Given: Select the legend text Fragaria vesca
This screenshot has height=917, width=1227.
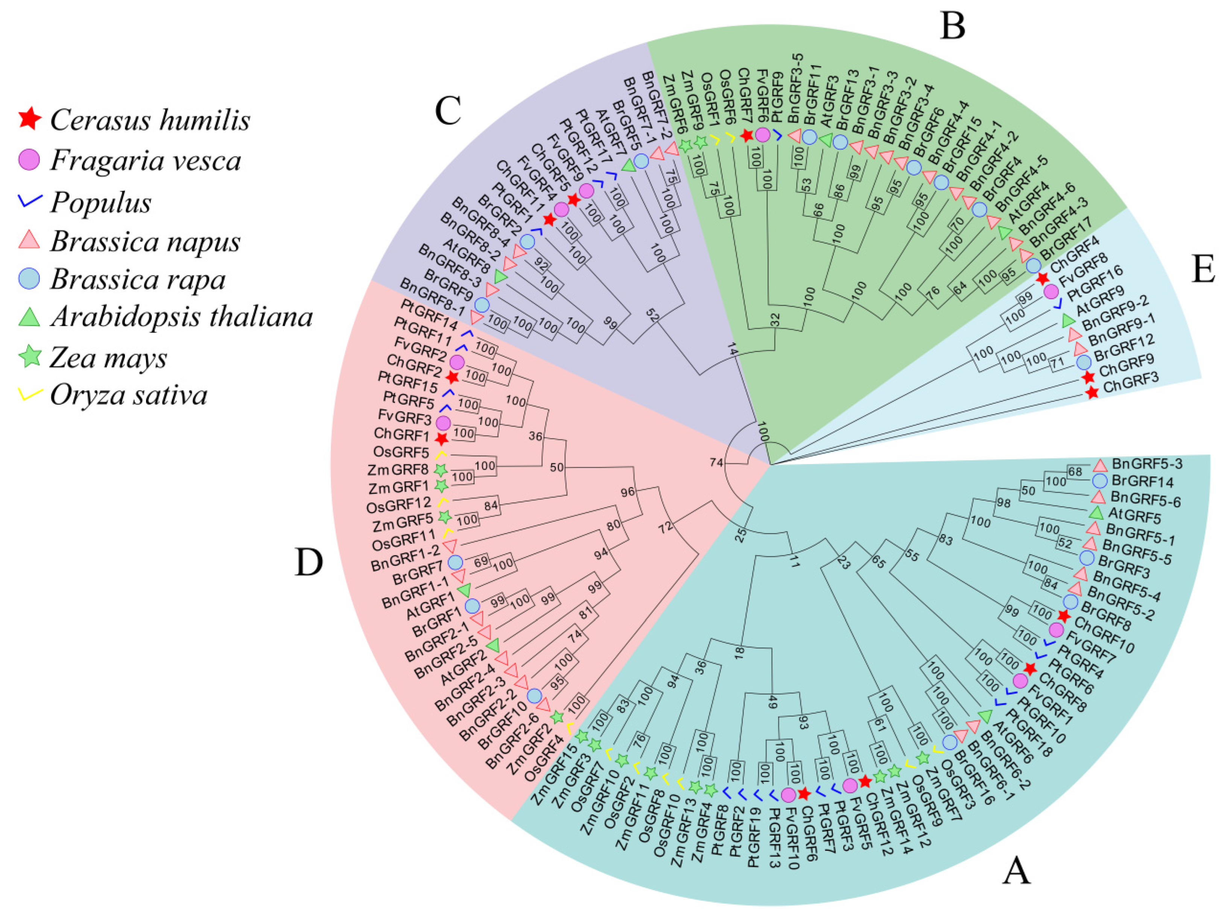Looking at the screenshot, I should (x=145, y=161).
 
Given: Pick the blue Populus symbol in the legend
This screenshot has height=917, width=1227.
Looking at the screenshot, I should (x=29, y=201).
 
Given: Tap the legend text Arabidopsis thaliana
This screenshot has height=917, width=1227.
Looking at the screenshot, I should (x=181, y=317).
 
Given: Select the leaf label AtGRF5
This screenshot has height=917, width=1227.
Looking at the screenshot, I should (x=1134, y=516).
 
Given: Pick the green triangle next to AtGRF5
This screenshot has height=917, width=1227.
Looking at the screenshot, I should (x=1096, y=512).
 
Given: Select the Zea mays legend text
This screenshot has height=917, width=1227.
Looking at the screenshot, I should (x=108, y=358).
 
